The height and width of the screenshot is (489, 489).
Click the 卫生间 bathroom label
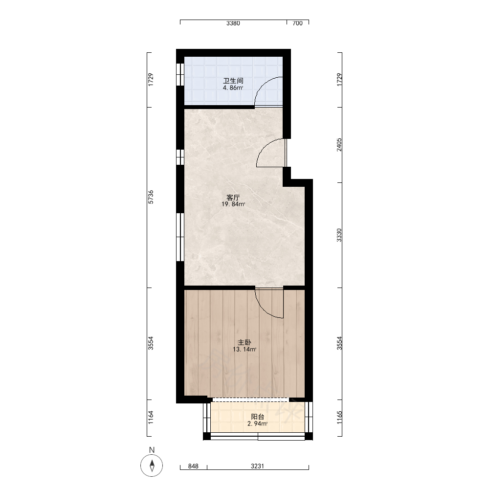coord(233,81)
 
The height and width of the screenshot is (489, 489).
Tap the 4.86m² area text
coord(233,88)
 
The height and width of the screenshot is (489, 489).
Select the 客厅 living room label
coord(233,198)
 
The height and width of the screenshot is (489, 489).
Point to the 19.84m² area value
coord(233,204)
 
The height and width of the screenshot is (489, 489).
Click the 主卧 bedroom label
coord(244,342)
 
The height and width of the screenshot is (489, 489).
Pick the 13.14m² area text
coord(244,349)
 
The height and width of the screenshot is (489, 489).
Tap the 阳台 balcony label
coord(258,417)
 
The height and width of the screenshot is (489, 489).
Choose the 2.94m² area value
coord(258,423)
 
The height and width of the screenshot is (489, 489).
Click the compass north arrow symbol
coord(152,466)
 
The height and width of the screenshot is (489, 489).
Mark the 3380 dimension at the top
coord(233,23)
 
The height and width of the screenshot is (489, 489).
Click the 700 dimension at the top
coord(297,23)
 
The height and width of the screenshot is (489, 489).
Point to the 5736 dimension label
coord(151,197)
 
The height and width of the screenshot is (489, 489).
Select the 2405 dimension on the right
coord(339,145)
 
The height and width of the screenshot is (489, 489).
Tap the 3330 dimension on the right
coord(339,235)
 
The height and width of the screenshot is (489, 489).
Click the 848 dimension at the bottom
coord(193,466)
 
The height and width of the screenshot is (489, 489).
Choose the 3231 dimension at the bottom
coord(258,466)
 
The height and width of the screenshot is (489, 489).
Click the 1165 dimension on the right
coord(339,417)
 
